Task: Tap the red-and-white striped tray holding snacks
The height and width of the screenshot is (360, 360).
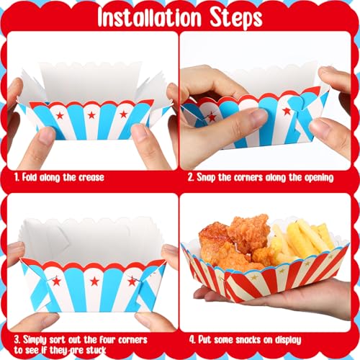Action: tap(266, 277)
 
